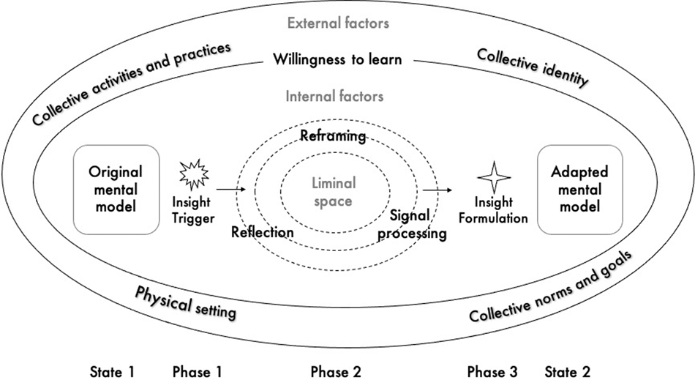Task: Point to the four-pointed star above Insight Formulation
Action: coord(492,177)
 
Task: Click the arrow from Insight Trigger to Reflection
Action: coord(232,190)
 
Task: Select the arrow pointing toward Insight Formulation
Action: coord(438,190)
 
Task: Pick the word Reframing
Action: coord(333,135)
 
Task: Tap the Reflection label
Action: coord(262,232)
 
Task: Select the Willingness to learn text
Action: coord(337,59)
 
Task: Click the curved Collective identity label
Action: coord(532,68)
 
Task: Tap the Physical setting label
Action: coord(185,302)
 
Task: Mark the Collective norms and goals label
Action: coord(549,288)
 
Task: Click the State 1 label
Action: coord(112,371)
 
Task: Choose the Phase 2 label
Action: coord(336,371)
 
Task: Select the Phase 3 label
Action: coord(493,371)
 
